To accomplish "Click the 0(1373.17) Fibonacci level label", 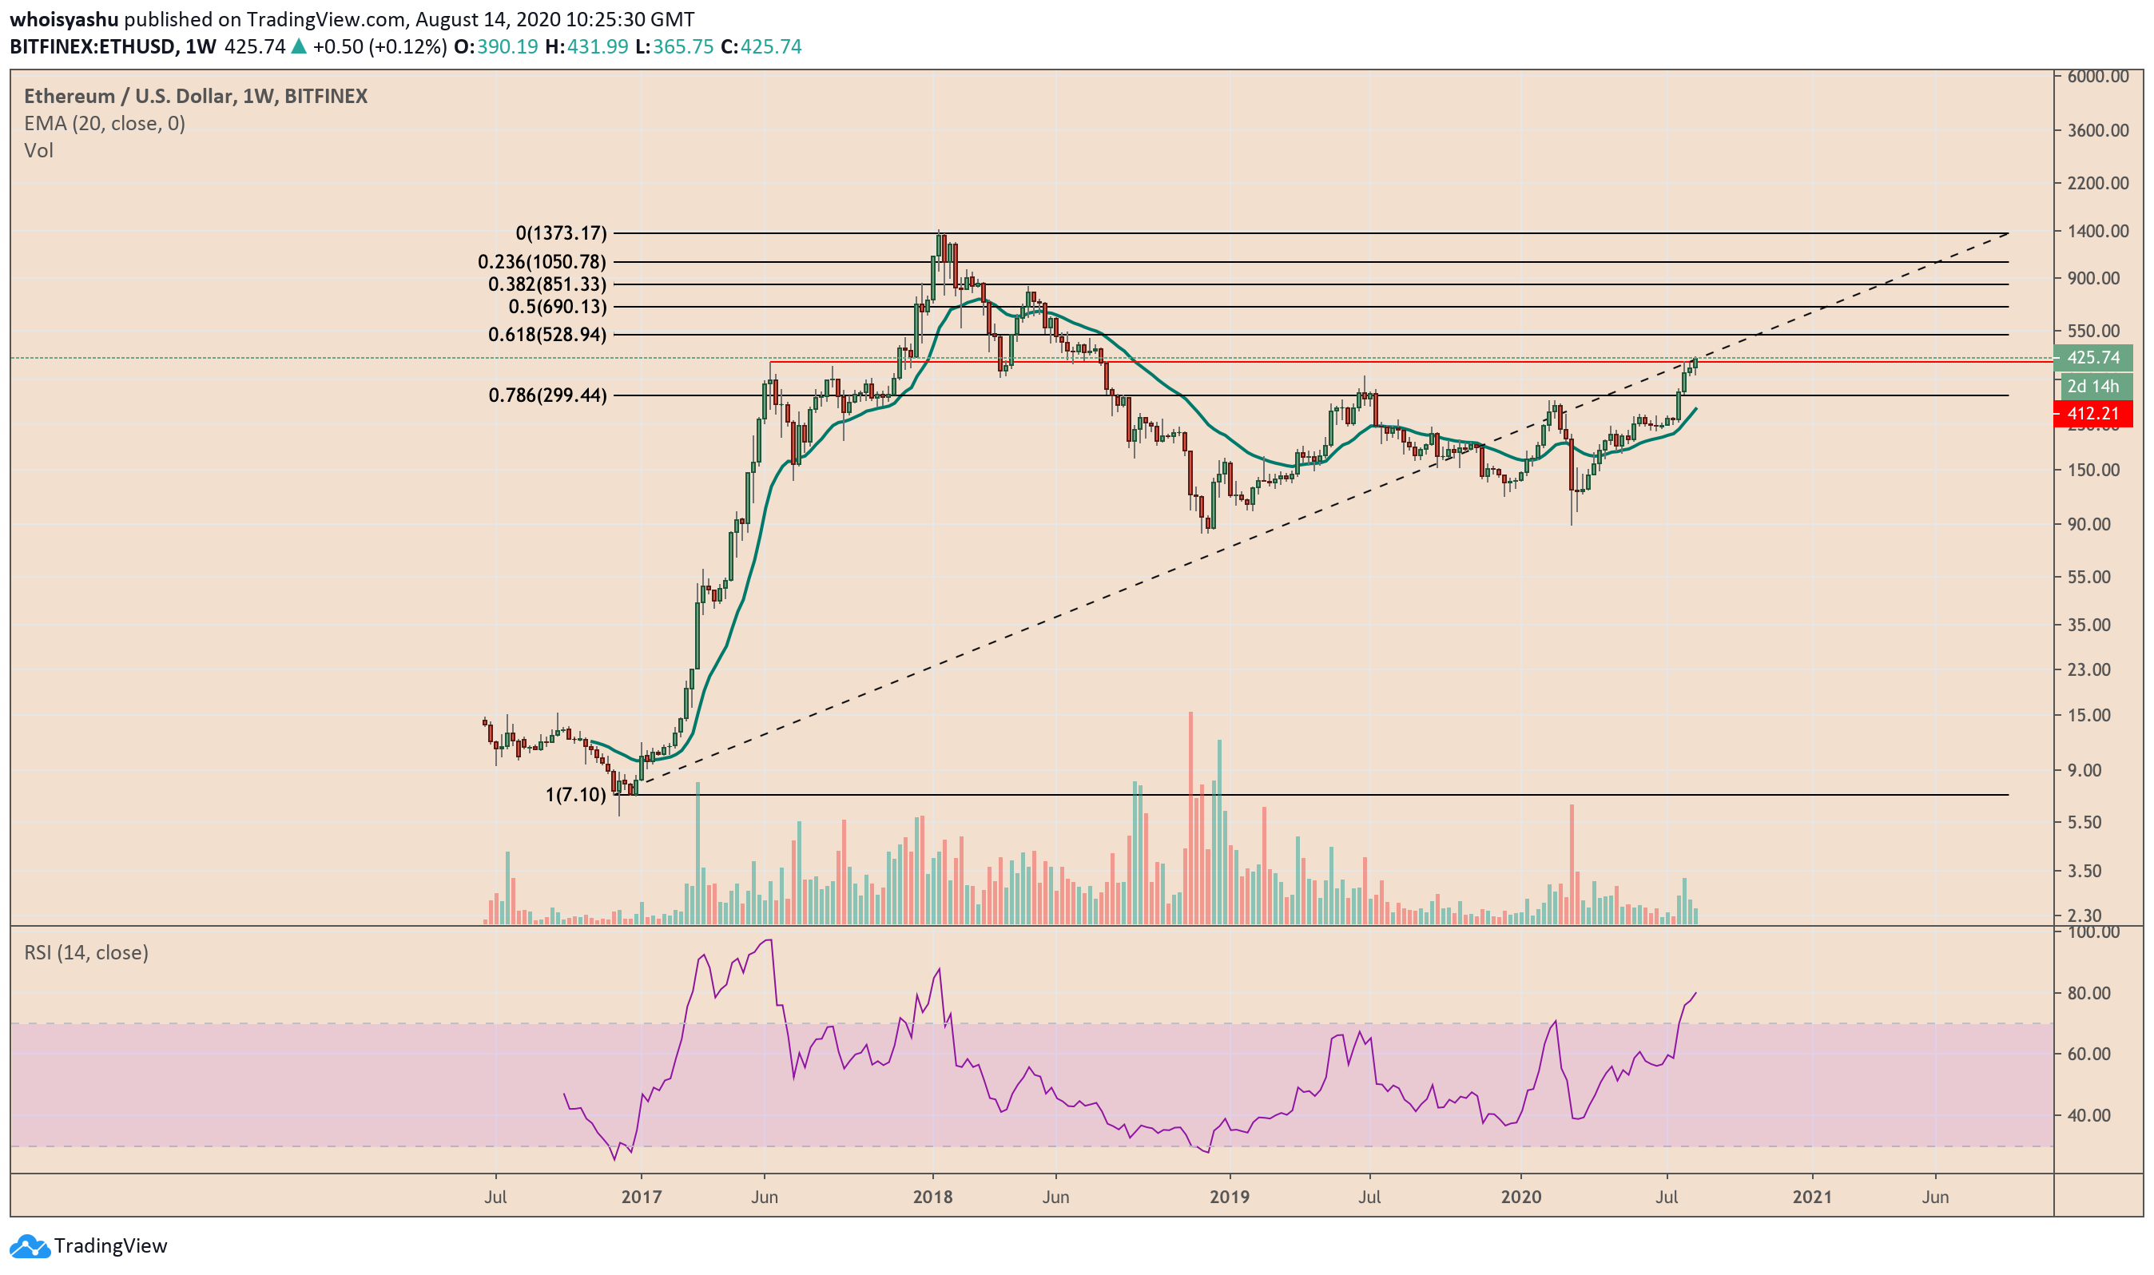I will [x=560, y=232].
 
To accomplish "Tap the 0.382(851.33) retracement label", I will [x=546, y=284].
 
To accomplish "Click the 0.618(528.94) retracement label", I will [x=546, y=334].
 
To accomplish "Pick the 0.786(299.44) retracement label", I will [x=546, y=395].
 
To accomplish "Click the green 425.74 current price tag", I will [x=2093, y=357].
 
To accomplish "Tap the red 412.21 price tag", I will [x=2093, y=413].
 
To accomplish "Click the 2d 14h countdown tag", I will [x=2093, y=386].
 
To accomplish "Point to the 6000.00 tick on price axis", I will [x=2097, y=77].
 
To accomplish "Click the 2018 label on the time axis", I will [x=932, y=1197].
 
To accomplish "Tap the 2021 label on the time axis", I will [x=1812, y=1197].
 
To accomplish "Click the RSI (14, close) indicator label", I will [x=86, y=953].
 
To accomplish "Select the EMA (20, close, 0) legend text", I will [x=104, y=124].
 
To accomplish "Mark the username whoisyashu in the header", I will [x=64, y=19].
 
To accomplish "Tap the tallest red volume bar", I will [x=1190, y=816].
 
